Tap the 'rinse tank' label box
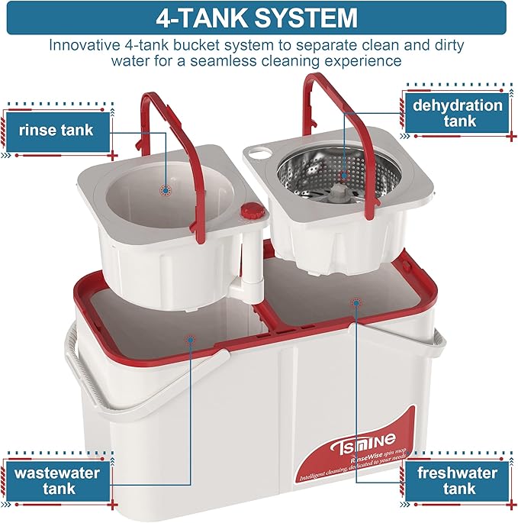pos(56,130)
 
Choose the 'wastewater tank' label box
pos(60,480)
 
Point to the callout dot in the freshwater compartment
pos(355,302)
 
